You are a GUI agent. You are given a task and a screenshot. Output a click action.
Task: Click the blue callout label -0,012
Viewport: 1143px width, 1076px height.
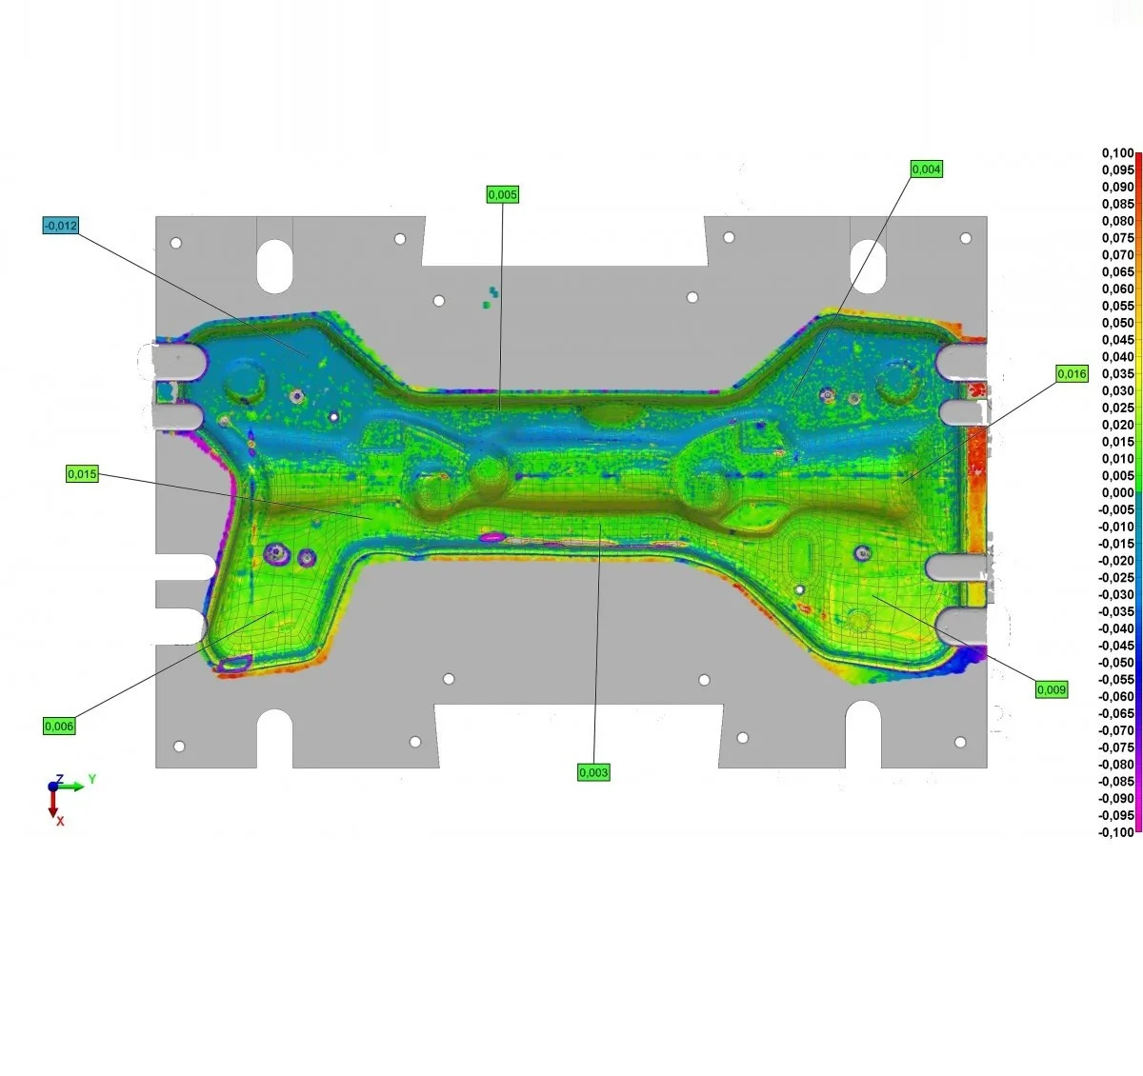tap(61, 226)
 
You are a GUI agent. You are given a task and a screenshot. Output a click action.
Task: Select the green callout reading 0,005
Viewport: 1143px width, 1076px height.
tap(502, 194)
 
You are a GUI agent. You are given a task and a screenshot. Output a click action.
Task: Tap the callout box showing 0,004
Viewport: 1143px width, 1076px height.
tap(927, 169)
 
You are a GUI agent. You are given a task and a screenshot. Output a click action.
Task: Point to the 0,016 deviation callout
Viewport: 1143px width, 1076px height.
tap(1072, 374)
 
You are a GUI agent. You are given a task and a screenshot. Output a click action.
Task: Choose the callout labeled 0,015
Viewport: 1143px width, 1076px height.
tap(82, 474)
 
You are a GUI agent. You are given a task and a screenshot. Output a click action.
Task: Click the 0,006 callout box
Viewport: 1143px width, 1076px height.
tap(59, 727)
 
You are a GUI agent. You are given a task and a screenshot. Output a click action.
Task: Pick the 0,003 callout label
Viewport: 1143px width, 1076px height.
tap(593, 772)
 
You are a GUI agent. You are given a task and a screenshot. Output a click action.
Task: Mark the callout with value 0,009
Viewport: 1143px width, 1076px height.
tap(1052, 689)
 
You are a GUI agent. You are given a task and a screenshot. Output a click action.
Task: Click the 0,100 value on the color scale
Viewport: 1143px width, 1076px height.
tap(1117, 153)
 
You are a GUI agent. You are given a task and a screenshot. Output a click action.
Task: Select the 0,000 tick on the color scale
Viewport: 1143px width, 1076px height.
tap(1117, 492)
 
